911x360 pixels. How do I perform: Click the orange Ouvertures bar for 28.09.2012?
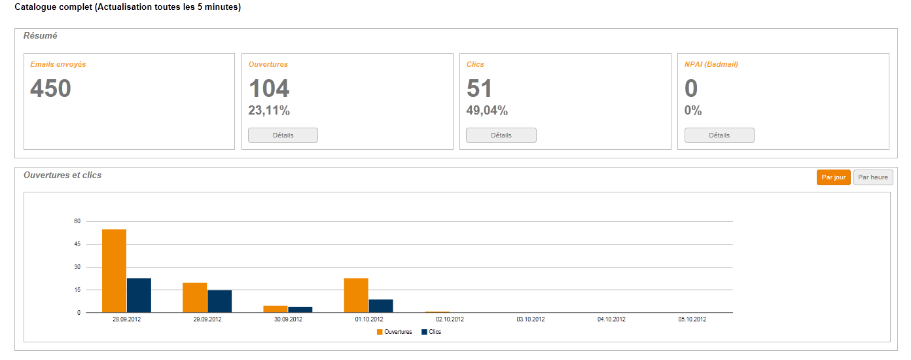click(114, 271)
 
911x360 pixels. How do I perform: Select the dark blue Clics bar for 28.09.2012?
click(139, 295)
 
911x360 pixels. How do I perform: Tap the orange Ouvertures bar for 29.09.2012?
click(194, 298)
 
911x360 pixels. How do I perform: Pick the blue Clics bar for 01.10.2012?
click(381, 306)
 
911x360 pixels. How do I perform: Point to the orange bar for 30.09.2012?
click(276, 309)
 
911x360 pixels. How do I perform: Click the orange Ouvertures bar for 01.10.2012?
click(356, 295)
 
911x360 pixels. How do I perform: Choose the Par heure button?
click(873, 177)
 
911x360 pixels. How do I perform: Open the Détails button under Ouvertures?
click(283, 135)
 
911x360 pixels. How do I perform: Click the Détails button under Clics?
click(501, 135)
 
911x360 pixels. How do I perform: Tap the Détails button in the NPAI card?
click(719, 135)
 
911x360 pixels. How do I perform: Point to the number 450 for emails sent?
click(50, 88)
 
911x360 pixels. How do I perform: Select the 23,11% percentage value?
click(269, 111)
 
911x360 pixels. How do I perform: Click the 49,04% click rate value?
click(487, 111)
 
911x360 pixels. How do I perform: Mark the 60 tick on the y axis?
click(77, 221)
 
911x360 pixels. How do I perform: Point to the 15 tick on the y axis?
click(77, 290)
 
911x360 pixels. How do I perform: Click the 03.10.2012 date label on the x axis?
click(530, 319)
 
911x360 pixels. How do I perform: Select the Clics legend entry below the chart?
click(432, 332)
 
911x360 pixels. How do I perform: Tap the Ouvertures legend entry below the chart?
click(394, 332)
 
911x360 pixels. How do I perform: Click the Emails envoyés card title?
click(58, 64)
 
